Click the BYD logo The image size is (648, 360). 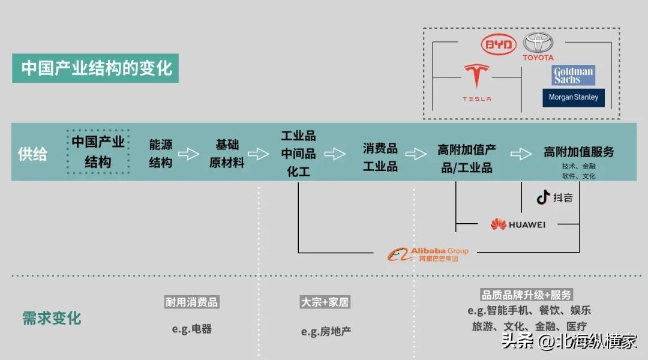tap(499, 44)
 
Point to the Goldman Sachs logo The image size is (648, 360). tap(573, 75)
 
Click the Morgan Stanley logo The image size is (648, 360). tap(573, 98)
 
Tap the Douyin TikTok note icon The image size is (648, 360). tap(543, 197)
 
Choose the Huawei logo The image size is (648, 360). tap(518, 224)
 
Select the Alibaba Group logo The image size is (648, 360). tap(428, 254)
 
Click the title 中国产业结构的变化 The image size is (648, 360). tap(95, 68)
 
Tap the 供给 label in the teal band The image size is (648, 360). tap(32, 154)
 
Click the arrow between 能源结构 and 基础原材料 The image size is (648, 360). tap(189, 154)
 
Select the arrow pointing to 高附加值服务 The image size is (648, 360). tap(521, 154)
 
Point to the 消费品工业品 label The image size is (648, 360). tap(380, 157)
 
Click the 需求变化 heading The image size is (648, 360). tap(52, 318)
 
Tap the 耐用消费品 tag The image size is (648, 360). tap(192, 302)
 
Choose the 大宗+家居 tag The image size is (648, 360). tap(325, 302)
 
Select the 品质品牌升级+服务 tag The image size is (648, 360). tap(527, 295)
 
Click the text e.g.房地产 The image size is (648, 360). tap(326, 331)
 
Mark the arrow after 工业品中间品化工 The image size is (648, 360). tap(335, 154)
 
